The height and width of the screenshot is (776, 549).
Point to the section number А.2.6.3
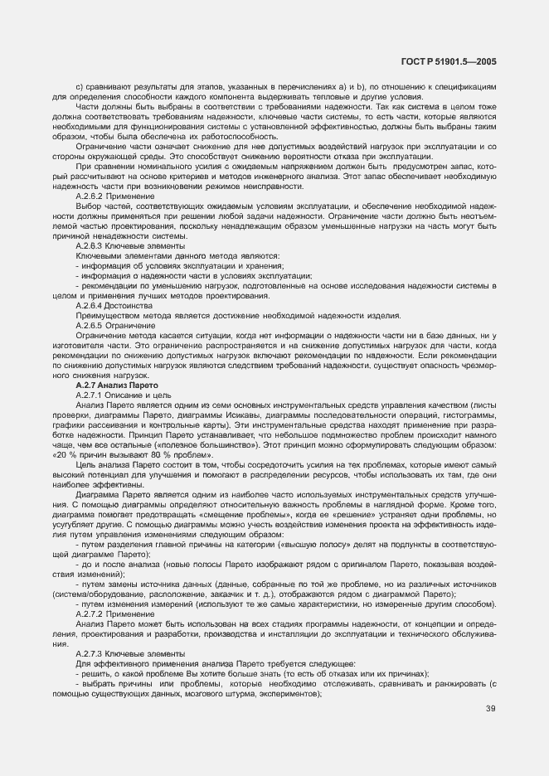click(90, 247)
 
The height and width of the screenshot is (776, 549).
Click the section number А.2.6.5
click(90, 326)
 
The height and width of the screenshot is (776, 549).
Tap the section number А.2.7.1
click(90, 395)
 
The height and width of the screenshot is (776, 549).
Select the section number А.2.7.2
click(90, 614)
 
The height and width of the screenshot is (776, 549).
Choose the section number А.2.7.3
click(90, 653)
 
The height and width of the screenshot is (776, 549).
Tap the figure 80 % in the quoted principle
click(158, 454)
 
